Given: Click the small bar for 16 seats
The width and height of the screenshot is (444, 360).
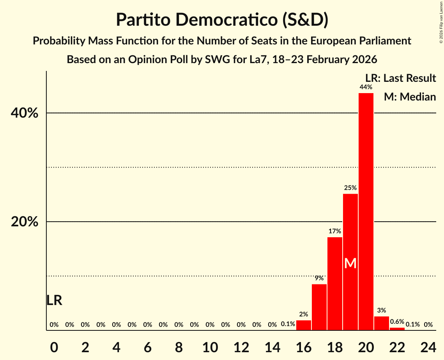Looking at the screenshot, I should [303, 325].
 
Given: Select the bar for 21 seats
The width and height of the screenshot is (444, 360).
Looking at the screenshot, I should [381, 323].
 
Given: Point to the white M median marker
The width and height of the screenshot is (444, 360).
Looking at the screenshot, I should [350, 264].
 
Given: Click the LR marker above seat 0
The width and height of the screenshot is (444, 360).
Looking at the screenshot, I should [54, 300].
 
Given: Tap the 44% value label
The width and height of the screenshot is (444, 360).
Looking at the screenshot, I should [366, 87].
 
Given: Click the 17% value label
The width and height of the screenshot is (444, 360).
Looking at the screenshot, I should [334, 231].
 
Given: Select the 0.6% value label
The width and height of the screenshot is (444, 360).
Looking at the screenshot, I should [397, 321].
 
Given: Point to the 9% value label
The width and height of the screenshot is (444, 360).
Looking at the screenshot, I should [319, 278].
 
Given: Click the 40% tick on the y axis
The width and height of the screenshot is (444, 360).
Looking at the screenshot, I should [24, 113].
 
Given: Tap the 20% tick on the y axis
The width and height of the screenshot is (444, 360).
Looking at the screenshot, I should [24, 222].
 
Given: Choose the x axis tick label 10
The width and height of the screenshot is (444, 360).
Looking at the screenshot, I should [210, 346].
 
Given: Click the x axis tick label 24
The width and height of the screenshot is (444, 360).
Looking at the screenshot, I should [428, 346].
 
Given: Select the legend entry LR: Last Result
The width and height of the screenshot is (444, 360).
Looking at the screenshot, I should [400, 78].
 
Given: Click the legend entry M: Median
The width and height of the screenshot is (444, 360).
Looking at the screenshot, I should [410, 97].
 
